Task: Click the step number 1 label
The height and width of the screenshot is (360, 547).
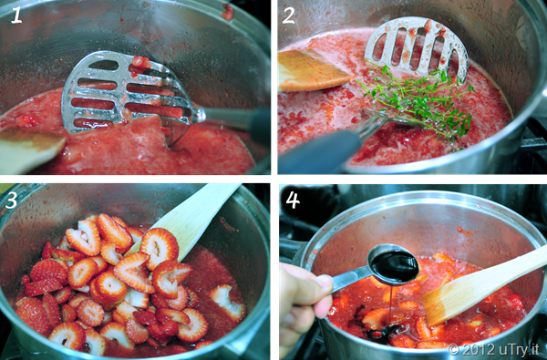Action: pos(16,16)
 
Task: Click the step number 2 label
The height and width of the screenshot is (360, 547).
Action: pos(289,16)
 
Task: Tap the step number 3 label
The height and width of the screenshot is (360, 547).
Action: pos(11,201)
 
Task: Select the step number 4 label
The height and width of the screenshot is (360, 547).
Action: pos(293,201)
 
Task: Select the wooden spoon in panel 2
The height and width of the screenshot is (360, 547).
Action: pos(311,70)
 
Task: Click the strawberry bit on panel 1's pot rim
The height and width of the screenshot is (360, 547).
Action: pos(227,12)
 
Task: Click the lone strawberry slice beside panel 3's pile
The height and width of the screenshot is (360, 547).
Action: pos(227,302)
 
